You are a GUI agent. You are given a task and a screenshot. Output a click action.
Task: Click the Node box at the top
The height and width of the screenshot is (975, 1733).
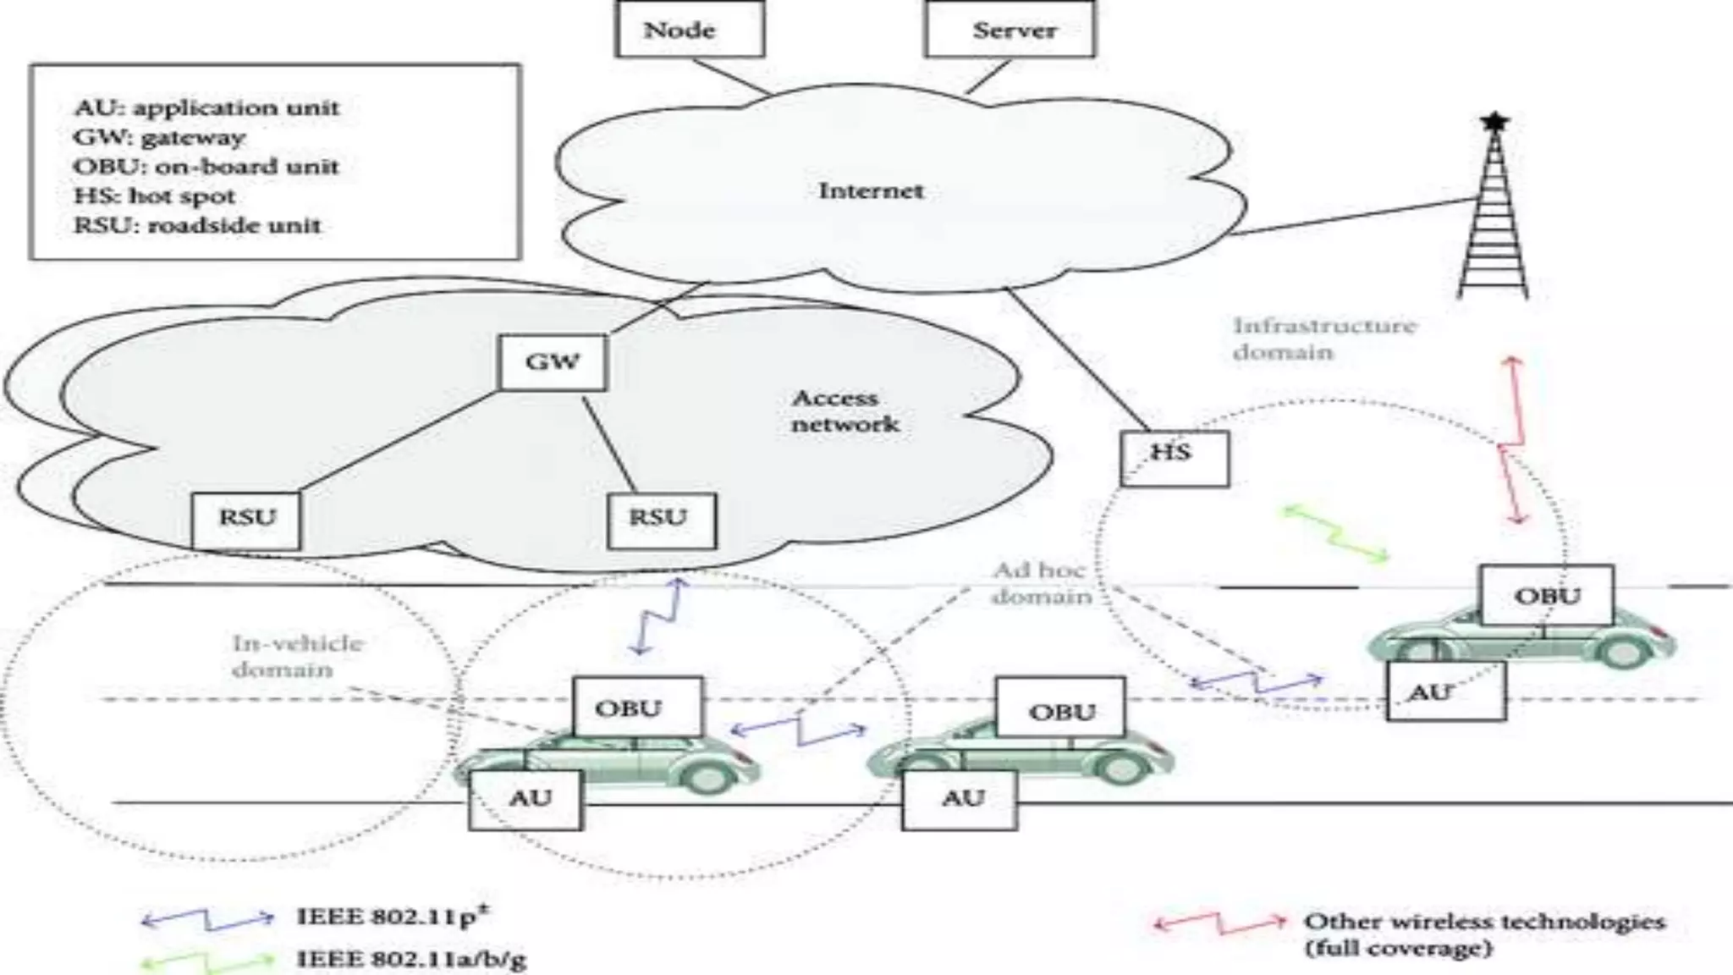tap(690, 30)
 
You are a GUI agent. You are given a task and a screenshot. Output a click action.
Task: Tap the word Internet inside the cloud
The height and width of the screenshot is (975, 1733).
tap(871, 190)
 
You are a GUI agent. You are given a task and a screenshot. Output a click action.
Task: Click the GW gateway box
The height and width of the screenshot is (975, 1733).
tap(553, 362)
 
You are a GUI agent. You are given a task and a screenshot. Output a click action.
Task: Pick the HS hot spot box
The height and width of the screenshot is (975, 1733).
tap(1174, 457)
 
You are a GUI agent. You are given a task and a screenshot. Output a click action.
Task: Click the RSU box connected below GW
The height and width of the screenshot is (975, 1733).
tap(661, 518)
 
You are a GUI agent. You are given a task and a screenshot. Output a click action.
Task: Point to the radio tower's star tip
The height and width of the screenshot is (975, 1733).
tap(1494, 123)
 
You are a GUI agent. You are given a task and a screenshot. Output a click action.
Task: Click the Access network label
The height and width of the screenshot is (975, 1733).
tap(844, 410)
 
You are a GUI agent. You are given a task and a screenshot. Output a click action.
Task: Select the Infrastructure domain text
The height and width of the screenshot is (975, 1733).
tap(1323, 338)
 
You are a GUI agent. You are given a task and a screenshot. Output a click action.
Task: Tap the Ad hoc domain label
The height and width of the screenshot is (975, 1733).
tap(1040, 583)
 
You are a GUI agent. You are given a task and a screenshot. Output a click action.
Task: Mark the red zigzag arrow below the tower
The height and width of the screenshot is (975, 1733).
tap(1512, 440)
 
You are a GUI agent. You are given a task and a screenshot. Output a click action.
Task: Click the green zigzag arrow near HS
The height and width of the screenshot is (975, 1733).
tap(1335, 533)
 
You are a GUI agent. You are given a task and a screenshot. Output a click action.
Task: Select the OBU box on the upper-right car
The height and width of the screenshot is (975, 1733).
tap(1546, 595)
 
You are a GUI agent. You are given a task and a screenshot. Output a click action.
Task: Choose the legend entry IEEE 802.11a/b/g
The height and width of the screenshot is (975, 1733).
tap(411, 959)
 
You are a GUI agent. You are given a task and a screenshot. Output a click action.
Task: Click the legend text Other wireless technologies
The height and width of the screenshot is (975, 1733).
tap(1483, 922)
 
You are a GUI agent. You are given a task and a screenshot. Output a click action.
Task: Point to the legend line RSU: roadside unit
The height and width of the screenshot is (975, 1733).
tap(197, 226)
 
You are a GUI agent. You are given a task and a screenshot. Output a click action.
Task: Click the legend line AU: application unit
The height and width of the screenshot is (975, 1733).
tap(206, 108)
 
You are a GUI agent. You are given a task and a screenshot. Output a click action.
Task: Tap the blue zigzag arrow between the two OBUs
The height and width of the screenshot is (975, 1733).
tap(799, 729)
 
